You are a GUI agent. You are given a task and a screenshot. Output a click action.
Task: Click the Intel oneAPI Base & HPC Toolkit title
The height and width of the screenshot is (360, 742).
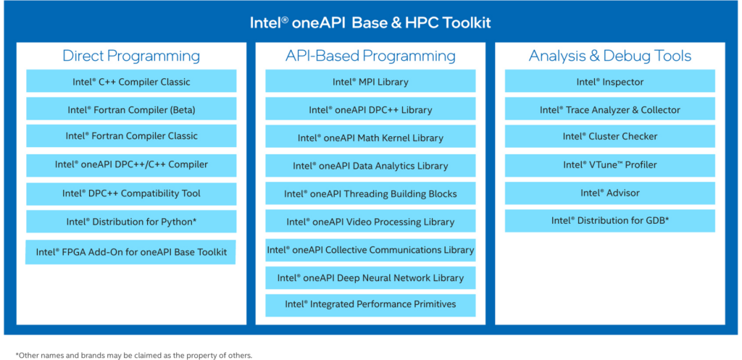370,23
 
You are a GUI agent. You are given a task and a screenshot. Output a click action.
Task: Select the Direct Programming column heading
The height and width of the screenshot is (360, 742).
131,56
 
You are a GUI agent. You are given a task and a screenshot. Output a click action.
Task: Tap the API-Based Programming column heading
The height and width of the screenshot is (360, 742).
370,56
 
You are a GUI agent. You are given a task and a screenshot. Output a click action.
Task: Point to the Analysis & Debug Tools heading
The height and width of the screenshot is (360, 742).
610,56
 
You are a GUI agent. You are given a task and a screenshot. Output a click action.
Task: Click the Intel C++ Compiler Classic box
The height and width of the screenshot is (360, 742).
131,81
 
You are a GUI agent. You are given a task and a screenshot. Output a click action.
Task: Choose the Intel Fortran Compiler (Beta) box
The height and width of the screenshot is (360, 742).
131,109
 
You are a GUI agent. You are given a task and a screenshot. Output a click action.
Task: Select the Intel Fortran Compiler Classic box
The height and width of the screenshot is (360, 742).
131,135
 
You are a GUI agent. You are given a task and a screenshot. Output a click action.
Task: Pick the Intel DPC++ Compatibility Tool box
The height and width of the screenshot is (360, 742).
131,193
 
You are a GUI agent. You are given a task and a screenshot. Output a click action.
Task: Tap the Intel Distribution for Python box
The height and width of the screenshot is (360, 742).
131,222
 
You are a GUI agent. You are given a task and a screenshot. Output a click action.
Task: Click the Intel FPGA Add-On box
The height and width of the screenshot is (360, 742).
130,252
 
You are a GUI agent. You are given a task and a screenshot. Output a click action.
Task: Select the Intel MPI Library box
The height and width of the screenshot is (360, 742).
370,81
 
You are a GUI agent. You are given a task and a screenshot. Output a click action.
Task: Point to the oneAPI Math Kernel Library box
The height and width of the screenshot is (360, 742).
370,137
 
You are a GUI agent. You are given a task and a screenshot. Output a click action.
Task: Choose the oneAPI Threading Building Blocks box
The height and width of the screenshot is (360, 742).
370,193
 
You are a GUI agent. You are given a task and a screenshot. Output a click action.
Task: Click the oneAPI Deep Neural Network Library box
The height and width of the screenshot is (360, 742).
370,277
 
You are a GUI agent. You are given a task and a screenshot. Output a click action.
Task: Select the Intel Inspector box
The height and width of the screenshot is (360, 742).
610,81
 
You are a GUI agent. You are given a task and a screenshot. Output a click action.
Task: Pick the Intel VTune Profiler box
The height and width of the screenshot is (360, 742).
610,165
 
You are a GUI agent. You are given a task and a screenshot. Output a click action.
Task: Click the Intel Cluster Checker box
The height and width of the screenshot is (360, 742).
610,136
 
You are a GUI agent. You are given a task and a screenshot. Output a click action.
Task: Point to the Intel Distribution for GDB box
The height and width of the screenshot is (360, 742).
610,221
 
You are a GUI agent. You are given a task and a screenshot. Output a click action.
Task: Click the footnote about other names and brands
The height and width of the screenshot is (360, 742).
134,355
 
